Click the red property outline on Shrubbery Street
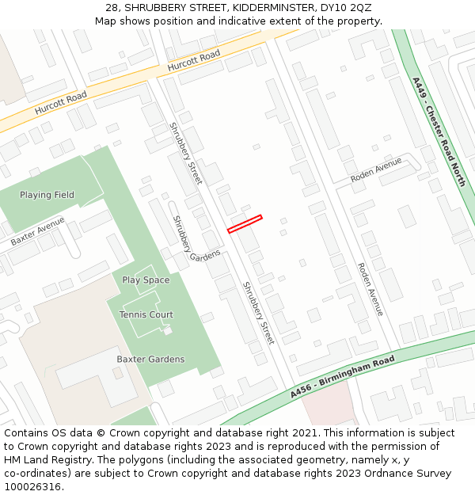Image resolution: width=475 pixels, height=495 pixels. pyautogui.click(x=245, y=224)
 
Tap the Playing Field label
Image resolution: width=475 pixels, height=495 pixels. pyautogui.click(x=47, y=195)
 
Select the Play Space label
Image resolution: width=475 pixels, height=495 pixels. pyautogui.click(x=146, y=280)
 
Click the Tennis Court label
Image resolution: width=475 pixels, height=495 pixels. pyautogui.click(x=146, y=314)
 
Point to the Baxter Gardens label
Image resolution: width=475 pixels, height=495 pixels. pyautogui.click(x=150, y=359)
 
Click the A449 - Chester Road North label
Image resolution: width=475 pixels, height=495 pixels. pyautogui.click(x=439, y=131)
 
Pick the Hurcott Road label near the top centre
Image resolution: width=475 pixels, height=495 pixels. pyautogui.click(x=194, y=63)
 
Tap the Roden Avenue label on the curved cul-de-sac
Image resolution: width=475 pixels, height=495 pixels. pyautogui.click(x=376, y=170)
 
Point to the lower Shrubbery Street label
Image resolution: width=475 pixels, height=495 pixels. pyautogui.click(x=258, y=313)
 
